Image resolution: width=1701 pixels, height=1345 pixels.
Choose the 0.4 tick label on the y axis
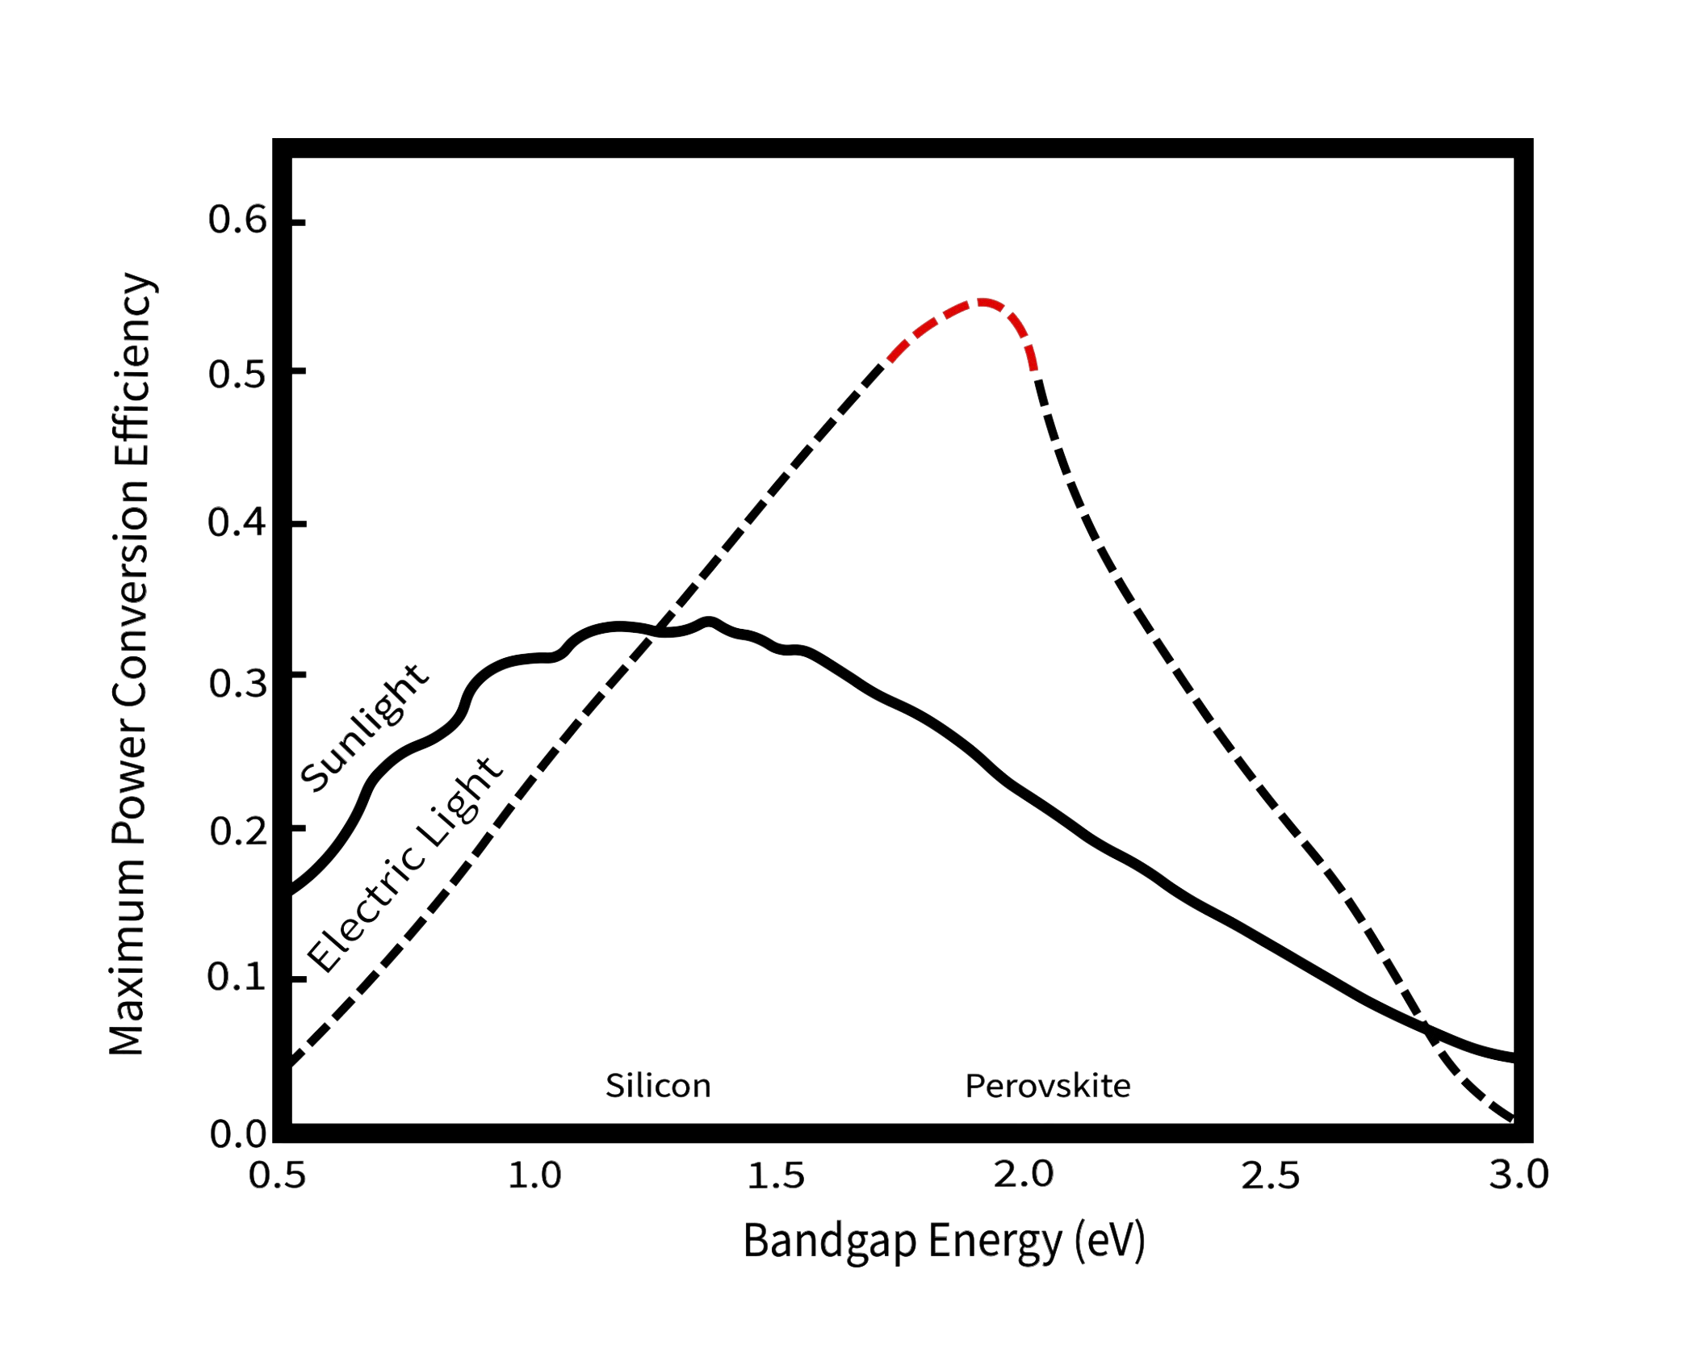pyautogui.click(x=237, y=523)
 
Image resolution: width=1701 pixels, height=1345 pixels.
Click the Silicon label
pyautogui.click(x=658, y=1086)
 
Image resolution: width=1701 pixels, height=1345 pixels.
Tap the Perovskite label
pyautogui.click(x=1048, y=1086)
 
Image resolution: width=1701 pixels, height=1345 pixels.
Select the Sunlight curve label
pyautogui.click(x=363, y=727)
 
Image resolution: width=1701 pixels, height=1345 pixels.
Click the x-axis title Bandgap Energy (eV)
pyautogui.click(x=943, y=1241)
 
